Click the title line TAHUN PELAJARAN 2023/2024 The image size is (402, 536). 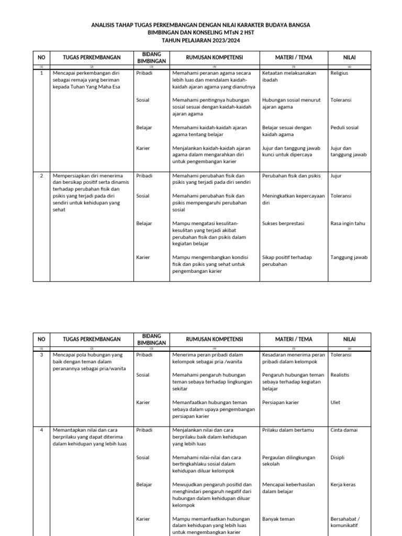tap(200, 40)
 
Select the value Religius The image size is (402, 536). tap(339, 73)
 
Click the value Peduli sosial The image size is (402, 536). tap(344, 128)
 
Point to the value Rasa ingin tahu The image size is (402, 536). tap(348, 224)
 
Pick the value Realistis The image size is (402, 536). tap(340, 375)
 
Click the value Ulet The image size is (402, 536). tap(336, 403)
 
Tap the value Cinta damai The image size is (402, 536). tap(344, 430)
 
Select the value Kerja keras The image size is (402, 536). tap(343, 485)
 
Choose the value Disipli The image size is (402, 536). tap(338, 457)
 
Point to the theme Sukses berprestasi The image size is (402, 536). tap(283, 224)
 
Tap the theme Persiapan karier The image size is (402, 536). tap(281, 403)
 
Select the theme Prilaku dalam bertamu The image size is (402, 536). tap(288, 430)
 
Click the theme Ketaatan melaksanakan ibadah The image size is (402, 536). tap(289, 76)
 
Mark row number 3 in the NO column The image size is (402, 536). tap(41, 355)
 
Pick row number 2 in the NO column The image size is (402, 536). tap(41, 176)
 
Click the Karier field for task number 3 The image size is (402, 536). tap(143, 403)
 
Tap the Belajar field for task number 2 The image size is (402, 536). tap(144, 224)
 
